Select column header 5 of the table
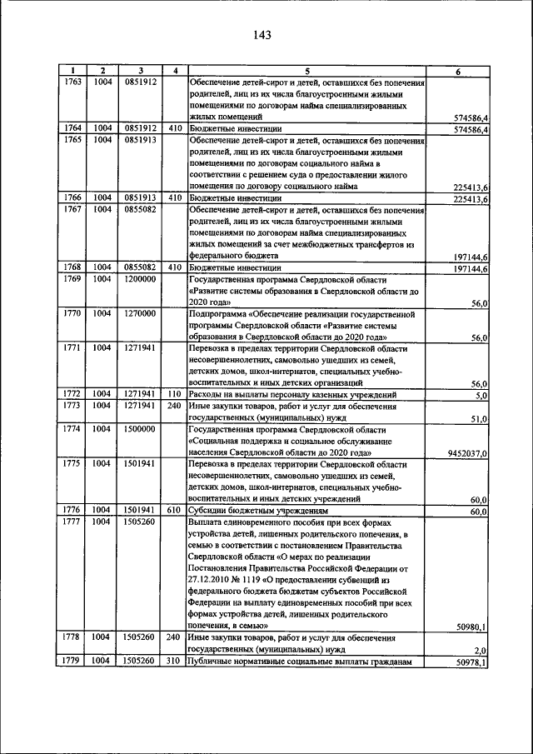coord(306,72)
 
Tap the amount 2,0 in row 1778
coord(481,650)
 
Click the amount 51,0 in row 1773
coord(479,419)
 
